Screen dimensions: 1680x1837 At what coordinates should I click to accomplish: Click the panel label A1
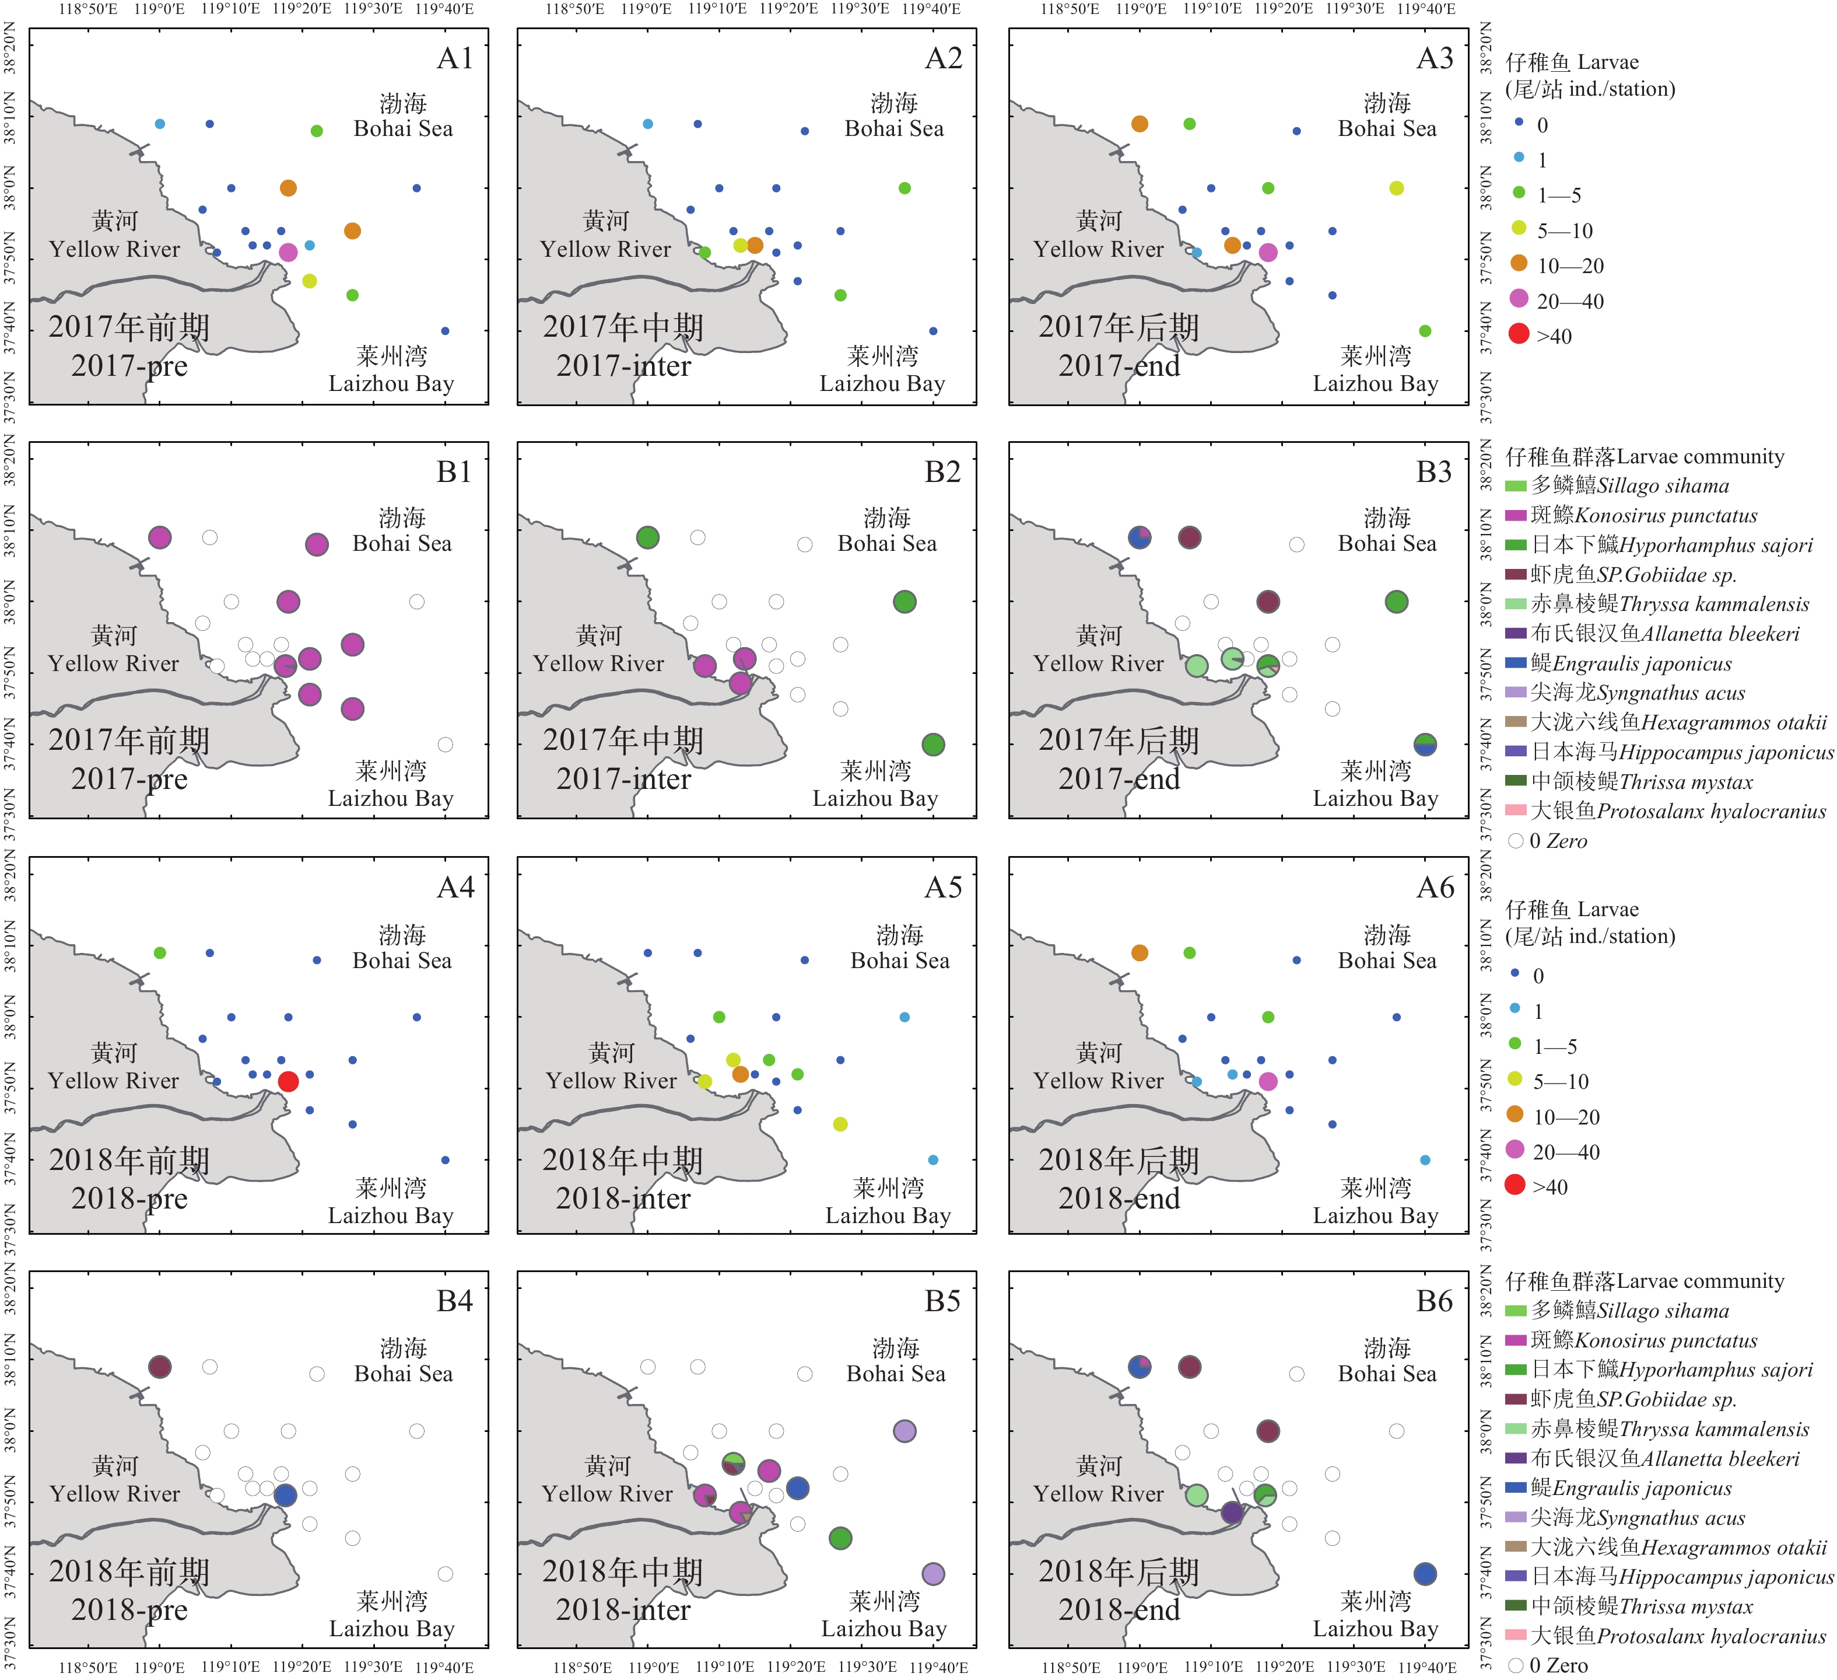[455, 58]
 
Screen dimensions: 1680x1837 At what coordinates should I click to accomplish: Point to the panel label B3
[1433, 472]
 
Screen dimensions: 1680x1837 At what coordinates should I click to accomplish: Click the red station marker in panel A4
[288, 1081]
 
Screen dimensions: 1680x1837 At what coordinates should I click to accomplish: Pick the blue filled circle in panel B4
[285, 1495]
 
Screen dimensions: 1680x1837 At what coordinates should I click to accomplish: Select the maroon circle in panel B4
[159, 1367]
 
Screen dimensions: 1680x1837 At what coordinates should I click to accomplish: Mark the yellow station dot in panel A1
[310, 281]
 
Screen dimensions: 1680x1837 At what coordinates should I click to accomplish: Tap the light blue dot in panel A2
[648, 124]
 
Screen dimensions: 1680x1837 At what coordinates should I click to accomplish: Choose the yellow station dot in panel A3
[1397, 188]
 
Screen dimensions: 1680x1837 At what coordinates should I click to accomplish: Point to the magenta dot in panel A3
[1267, 253]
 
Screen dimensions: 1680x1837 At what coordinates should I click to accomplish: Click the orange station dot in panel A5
[740, 1074]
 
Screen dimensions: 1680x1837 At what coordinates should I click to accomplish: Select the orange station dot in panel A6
[1139, 952]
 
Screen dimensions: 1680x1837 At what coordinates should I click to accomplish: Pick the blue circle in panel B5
[797, 1489]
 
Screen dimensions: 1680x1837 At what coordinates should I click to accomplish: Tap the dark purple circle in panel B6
[1232, 1513]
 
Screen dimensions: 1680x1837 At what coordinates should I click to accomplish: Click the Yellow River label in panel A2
[605, 249]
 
